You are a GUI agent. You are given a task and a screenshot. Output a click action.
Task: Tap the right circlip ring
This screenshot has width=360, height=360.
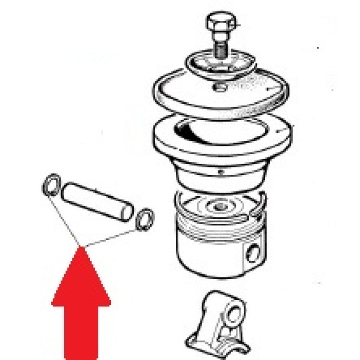143,219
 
